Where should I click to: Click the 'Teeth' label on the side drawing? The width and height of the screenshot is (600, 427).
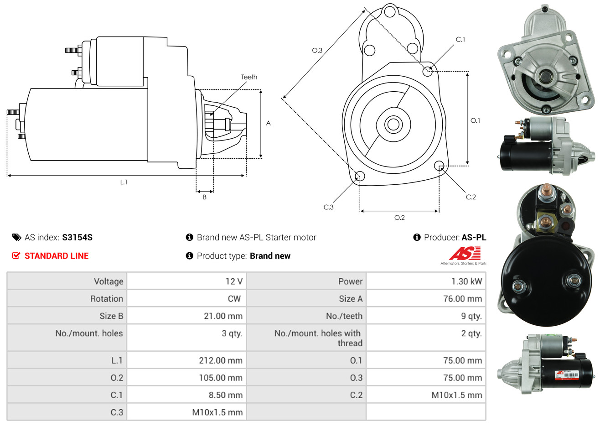coord(249,77)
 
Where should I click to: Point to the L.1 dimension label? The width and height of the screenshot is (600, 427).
coord(124,182)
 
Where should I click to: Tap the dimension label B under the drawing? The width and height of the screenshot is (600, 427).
coord(205,197)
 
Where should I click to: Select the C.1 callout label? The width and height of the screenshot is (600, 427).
coord(460,40)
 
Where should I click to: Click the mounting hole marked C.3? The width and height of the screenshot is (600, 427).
coord(360,176)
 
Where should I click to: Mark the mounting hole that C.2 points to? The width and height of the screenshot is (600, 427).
coord(439,165)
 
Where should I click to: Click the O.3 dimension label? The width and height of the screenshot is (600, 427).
coord(317,50)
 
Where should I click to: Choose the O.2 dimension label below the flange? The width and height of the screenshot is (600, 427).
coord(399,218)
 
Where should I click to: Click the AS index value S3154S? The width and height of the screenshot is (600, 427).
coord(77,237)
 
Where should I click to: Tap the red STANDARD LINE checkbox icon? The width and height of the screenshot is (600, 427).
coord(16,255)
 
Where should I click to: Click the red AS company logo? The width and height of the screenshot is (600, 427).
coord(465,254)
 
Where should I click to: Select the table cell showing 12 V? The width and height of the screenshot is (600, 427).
coord(234,281)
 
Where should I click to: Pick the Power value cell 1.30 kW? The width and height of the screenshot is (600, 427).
coord(466,281)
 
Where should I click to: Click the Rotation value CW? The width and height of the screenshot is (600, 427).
coord(234,299)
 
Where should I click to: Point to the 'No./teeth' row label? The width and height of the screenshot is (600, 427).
coord(344,316)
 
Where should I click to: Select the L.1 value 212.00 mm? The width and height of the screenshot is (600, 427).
coord(221,360)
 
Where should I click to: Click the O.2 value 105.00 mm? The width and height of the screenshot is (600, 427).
coord(221,378)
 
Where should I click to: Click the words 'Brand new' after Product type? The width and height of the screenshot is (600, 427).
coord(270,256)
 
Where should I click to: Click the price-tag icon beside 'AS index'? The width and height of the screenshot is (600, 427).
coord(16,237)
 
